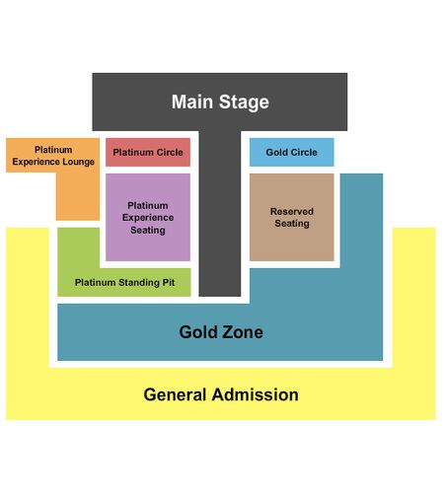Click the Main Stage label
[x=220, y=102]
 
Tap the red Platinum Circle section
[x=148, y=152]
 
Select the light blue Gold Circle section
[x=291, y=152]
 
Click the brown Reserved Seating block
[x=292, y=217]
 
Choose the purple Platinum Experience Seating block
[x=148, y=217]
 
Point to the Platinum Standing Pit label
[x=124, y=283]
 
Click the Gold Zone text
[x=221, y=332]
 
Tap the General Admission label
[x=221, y=394]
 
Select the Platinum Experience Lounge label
[x=53, y=156]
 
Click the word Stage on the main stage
[x=244, y=102]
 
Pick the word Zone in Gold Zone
[x=242, y=332]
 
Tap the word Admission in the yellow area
[x=256, y=394]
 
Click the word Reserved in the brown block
[x=292, y=211]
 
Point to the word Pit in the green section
[x=169, y=283]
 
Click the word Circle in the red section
[x=170, y=152]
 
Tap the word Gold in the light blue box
[x=274, y=152]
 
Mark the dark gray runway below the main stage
[x=220, y=214]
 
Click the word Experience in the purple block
[x=148, y=218]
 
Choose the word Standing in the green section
[x=139, y=283]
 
